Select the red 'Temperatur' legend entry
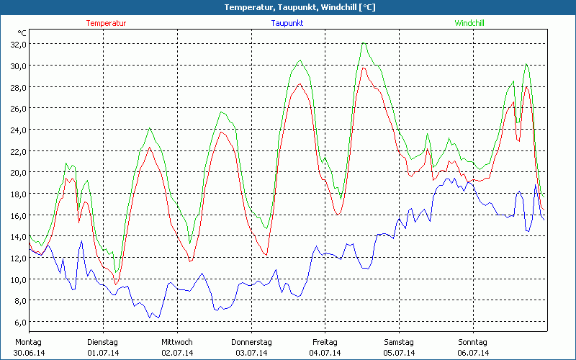click(106, 23)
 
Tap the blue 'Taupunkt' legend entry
click(287, 23)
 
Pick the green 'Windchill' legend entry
click(469, 23)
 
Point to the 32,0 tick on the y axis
click(17, 44)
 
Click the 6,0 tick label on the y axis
click(19, 322)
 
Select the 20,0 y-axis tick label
click(17, 172)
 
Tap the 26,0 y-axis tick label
click(17, 108)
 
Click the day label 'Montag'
click(29, 342)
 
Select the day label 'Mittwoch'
click(176, 342)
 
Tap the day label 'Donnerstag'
click(251, 342)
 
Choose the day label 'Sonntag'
click(472, 342)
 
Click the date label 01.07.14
click(103, 353)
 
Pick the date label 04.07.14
click(325, 353)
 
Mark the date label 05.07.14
click(399, 353)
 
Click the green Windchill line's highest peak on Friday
click(364, 43)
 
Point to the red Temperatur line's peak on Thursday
click(300, 84)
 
